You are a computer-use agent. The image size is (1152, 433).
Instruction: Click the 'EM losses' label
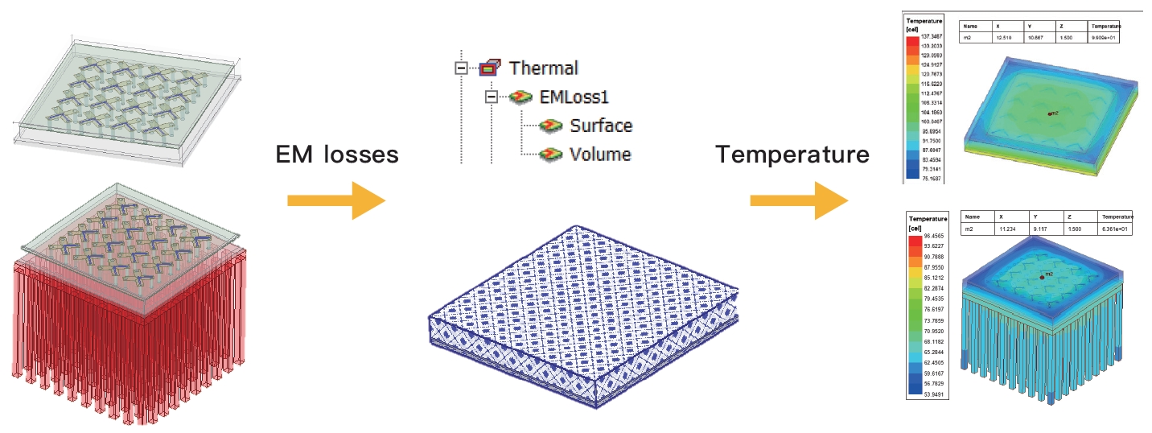point(337,154)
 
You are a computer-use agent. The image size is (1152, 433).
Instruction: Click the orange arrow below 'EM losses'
point(336,200)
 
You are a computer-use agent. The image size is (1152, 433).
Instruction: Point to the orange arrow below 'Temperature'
point(799,200)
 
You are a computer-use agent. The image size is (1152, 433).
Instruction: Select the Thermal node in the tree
point(543,68)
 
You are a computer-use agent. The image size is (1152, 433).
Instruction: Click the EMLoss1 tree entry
point(574,97)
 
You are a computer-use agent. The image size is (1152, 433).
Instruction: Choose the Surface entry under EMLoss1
point(600,126)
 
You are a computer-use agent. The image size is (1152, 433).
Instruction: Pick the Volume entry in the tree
point(599,154)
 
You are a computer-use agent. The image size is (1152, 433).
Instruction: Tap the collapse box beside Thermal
point(461,68)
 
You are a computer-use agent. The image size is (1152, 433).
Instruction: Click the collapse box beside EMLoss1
point(491,97)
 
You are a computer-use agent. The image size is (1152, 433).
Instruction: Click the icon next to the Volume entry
point(551,154)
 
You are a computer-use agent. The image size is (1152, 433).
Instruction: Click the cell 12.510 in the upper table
point(1004,37)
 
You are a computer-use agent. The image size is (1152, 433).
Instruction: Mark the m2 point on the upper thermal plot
point(1049,113)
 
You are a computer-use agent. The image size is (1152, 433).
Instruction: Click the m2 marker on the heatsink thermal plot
point(1043,276)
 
